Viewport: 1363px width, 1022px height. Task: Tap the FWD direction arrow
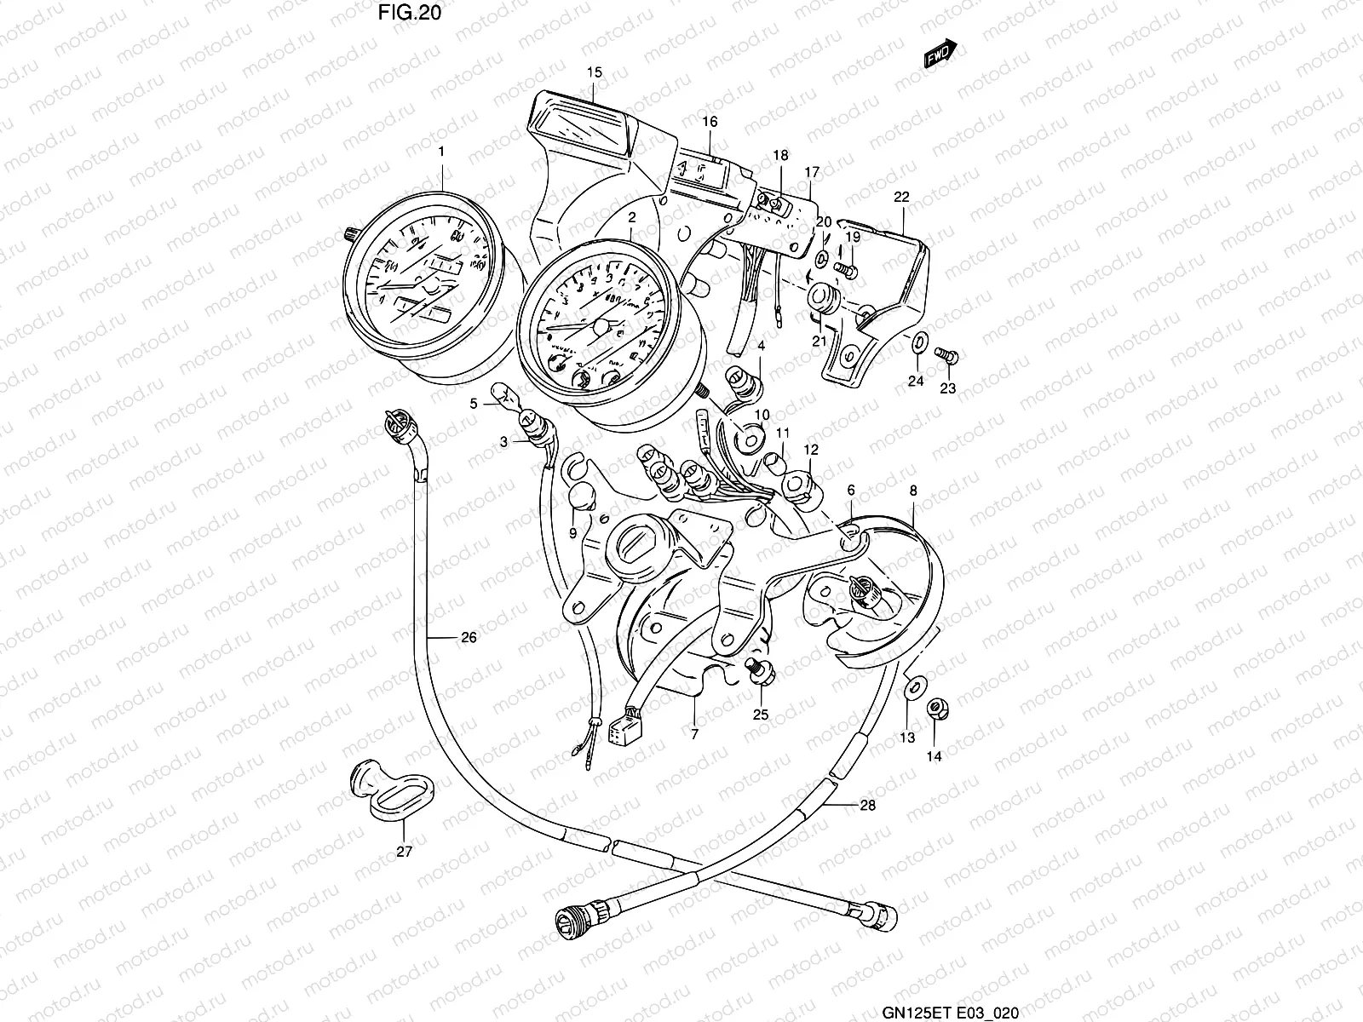tap(940, 55)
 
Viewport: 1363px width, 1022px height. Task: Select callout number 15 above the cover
tap(594, 73)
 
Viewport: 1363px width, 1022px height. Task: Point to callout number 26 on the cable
tap(469, 637)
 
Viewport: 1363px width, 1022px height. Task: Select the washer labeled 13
tap(912, 685)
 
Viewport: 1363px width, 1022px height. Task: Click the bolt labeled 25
tap(755, 671)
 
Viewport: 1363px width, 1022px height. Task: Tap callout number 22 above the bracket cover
tap(901, 197)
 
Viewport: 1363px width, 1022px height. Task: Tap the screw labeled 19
tap(845, 269)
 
